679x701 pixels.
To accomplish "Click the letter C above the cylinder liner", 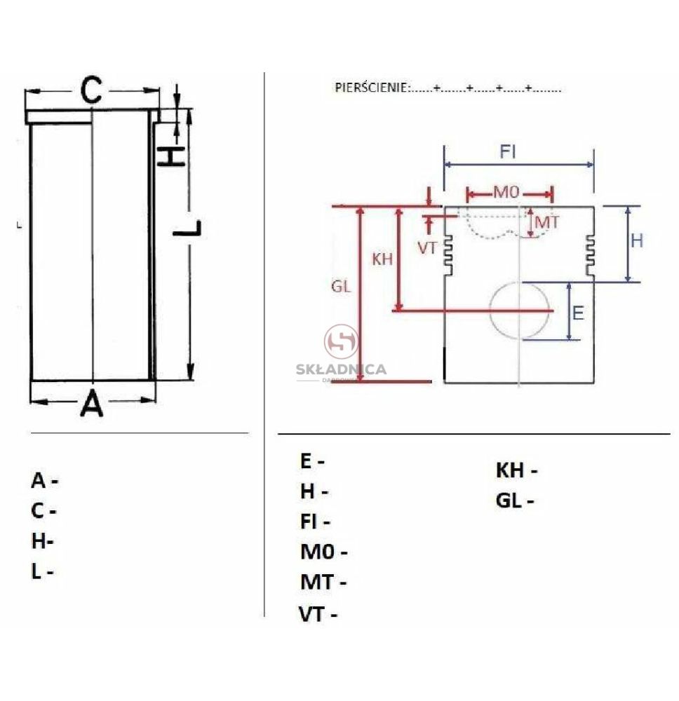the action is (x=91, y=90).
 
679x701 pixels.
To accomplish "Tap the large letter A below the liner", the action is (x=92, y=403).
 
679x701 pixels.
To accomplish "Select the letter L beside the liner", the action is (x=187, y=229).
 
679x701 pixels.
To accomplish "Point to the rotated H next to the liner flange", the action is (x=171, y=156).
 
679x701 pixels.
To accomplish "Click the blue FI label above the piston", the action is (x=508, y=152).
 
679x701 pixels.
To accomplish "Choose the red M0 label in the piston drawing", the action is (x=506, y=193).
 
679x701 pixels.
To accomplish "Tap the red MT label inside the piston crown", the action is (x=547, y=222).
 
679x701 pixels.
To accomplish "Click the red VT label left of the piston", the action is (x=426, y=248).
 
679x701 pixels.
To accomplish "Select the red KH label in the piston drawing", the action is (x=382, y=259).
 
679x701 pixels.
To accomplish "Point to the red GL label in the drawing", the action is (x=341, y=287).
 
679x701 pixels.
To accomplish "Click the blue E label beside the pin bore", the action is (x=578, y=313).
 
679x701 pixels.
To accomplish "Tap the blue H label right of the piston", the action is (x=637, y=241).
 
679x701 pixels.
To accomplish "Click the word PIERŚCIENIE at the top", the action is (x=371, y=88).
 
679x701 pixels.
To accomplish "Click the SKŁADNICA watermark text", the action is (x=342, y=369).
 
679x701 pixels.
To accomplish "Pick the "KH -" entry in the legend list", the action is (x=517, y=470).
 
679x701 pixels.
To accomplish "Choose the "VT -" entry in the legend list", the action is (x=318, y=614).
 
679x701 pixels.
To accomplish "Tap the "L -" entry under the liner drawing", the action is (x=43, y=571).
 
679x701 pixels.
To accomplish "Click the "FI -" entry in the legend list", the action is (x=316, y=522).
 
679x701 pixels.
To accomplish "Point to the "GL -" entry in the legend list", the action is (x=515, y=501).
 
